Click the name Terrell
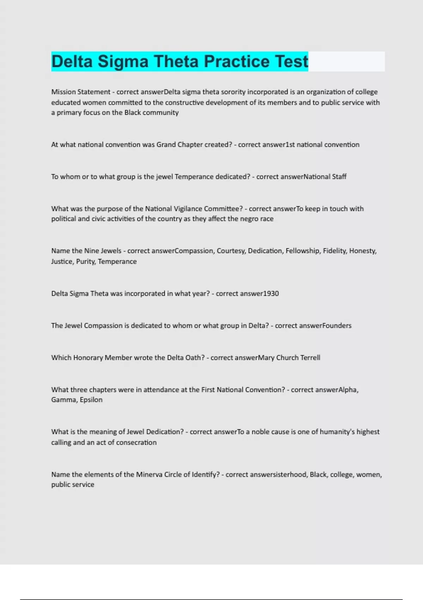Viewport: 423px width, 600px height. pos(310,358)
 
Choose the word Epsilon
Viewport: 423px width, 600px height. pos(91,400)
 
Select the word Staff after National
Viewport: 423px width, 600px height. pos(339,176)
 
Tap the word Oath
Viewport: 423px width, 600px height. pos(195,358)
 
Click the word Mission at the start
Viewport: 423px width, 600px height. pos(63,92)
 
